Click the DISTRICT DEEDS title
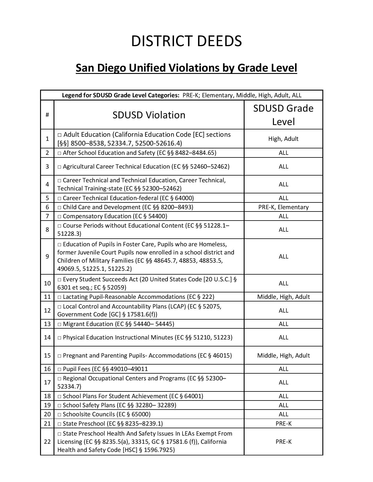pyautogui.click(x=186, y=41)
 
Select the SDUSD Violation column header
pyautogui.click(x=149, y=115)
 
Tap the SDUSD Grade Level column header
pyautogui.click(x=283, y=115)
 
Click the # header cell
pyautogui.click(x=47, y=115)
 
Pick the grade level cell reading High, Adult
pyautogui.click(x=283, y=139)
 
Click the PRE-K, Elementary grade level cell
pyautogui.click(x=283, y=207)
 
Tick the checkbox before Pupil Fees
pyautogui.click(x=60, y=369)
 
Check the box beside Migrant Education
pyautogui.click(x=60, y=324)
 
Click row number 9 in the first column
pyautogui.click(x=47, y=256)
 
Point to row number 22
pyautogui.click(x=47, y=442)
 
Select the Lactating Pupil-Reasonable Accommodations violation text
pyautogui.click(x=138, y=297)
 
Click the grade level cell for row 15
pyautogui.click(x=283, y=356)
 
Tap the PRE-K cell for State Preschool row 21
pyautogui.click(x=283, y=424)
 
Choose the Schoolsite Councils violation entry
pyautogui.click(x=106, y=414)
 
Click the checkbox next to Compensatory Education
pyautogui.click(x=60, y=216)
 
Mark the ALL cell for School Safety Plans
pyautogui.click(x=283, y=405)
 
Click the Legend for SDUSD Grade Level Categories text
pyautogui.click(x=121, y=95)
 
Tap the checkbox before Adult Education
pyautogui.click(x=60, y=135)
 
